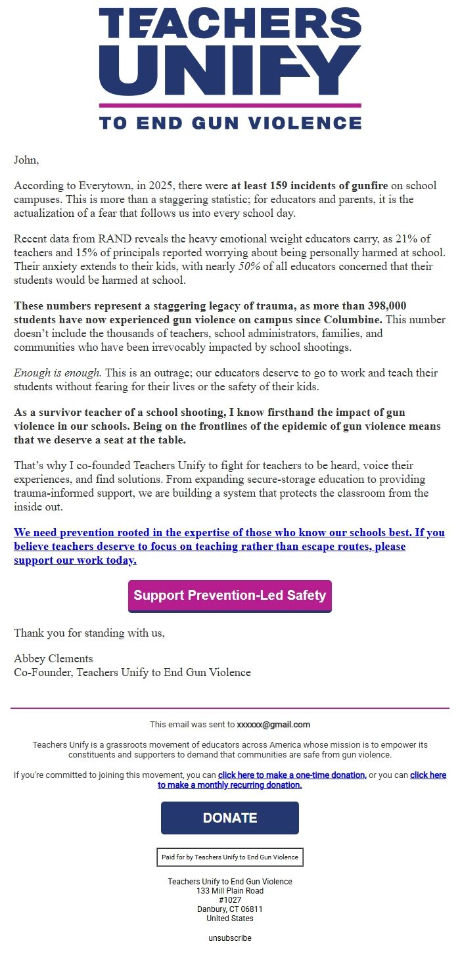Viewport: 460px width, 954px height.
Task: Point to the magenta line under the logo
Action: coord(230,105)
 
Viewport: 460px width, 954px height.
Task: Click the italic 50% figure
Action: coord(250,267)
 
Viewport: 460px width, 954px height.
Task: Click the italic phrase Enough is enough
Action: coord(57,373)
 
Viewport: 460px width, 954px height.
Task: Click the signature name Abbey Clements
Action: coord(53,658)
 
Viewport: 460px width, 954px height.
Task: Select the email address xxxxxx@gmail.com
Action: coord(273,725)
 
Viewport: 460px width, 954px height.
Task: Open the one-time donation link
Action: coord(292,775)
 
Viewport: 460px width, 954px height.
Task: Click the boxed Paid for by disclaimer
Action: coord(230,857)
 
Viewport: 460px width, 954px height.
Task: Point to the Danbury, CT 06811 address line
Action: coord(230,909)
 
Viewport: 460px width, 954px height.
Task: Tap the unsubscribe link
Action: coord(230,938)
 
